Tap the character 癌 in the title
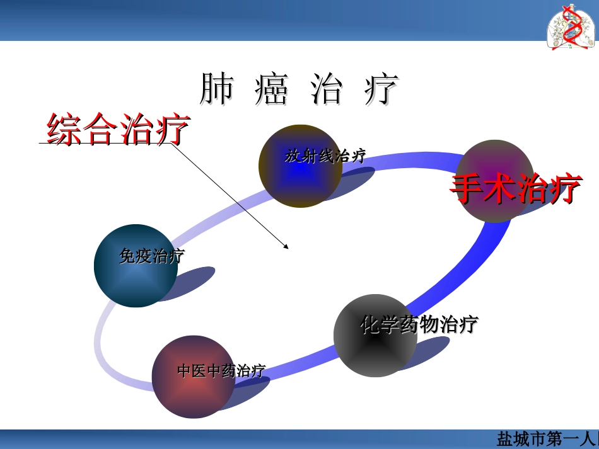point(271,90)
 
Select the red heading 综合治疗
point(118,129)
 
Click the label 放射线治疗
point(325,156)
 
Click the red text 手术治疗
point(515,189)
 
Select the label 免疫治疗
point(151,256)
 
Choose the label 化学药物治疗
point(419,325)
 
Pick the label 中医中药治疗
point(221,370)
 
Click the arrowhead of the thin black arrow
point(287,246)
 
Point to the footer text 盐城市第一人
point(546,438)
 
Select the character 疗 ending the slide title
point(381,90)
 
